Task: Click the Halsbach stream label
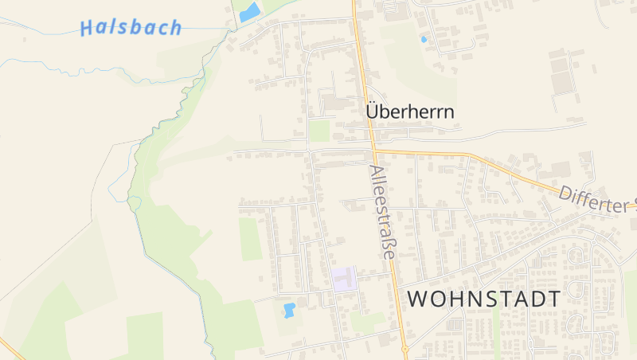point(131,28)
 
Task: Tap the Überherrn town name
point(410,112)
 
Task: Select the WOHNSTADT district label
point(484,299)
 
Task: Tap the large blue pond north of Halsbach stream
point(250,12)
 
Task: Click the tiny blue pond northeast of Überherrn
point(424,38)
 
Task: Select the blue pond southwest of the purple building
point(289,308)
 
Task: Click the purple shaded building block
point(344,279)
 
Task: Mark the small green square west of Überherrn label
point(319,131)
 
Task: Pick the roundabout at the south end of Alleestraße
point(404,349)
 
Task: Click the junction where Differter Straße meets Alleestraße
point(373,149)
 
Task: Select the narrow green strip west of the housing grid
point(251,238)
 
